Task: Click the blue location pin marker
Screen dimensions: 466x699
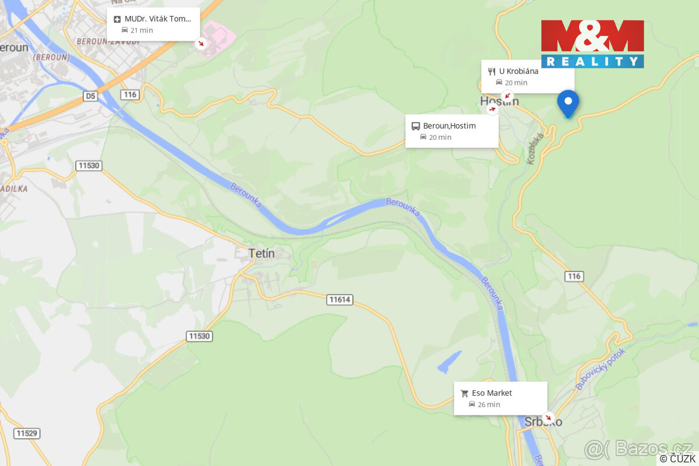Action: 568,103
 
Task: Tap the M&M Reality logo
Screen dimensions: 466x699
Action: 592,44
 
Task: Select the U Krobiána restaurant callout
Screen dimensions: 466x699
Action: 528,76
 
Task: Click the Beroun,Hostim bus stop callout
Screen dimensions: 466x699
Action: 451,131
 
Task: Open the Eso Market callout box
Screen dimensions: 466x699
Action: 500,398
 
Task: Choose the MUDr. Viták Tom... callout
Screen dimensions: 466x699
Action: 153,24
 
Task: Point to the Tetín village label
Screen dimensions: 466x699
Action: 261,253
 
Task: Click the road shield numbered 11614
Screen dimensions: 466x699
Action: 340,299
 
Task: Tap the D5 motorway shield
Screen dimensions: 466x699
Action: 90,96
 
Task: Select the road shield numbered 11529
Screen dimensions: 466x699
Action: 27,433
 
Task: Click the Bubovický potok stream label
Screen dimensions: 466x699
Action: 600,369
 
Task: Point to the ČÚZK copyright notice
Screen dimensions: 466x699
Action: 677,458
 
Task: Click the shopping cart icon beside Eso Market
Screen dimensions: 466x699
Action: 464,393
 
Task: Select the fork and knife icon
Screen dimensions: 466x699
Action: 491,71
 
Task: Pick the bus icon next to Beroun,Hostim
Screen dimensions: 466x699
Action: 415,126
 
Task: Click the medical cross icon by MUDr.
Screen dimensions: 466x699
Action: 117,19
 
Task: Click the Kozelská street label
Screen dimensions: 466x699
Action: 535,149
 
